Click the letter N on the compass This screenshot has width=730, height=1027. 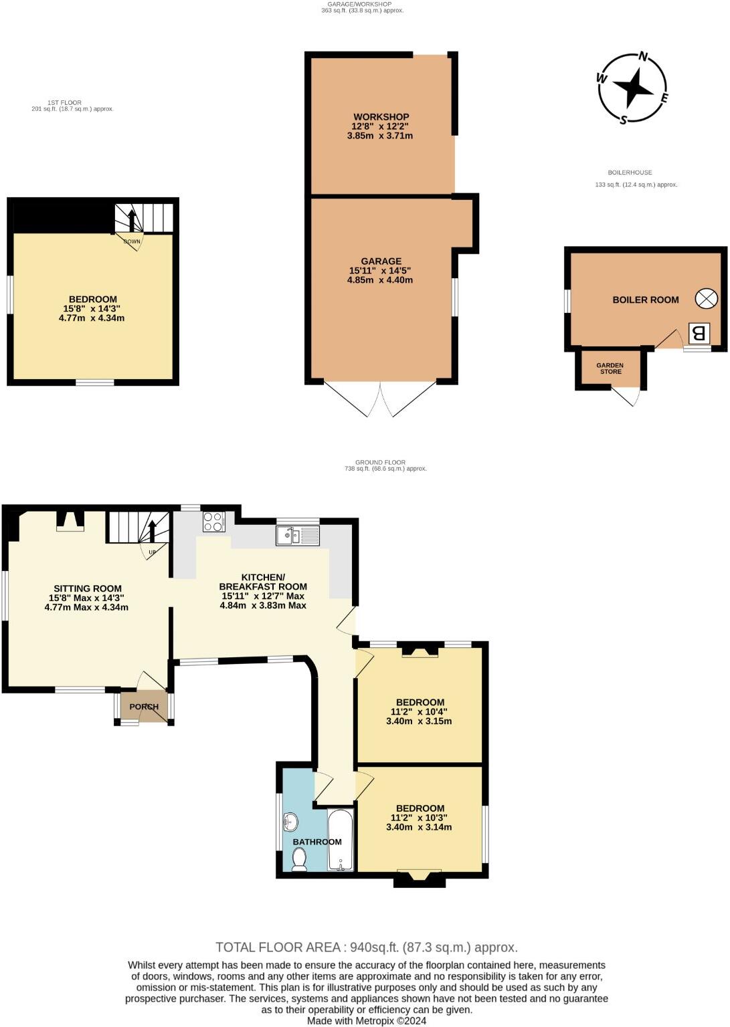coord(643,57)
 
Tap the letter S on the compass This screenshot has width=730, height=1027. coord(624,120)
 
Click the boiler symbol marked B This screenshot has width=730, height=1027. coord(699,332)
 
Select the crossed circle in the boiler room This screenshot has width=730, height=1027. coord(706,299)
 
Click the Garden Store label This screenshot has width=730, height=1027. coord(610,368)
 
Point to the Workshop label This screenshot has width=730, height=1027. coord(381,117)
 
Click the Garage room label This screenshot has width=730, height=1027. coord(381,261)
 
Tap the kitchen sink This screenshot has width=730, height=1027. coord(298,535)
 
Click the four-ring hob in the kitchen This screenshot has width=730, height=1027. coord(213,522)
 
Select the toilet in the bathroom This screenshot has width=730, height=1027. coord(299,859)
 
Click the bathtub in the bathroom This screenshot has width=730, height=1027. coord(341,840)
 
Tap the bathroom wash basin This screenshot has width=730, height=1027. coord(290,820)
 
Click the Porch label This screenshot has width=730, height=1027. coord(144,707)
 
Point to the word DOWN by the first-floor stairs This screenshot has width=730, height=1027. coord(132,241)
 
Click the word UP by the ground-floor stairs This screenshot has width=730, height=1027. coord(153,552)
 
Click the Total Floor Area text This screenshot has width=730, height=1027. coord(366,947)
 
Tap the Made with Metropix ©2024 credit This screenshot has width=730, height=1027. coord(366,1021)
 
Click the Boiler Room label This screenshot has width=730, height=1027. coord(646,300)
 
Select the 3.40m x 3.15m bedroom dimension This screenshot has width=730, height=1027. coord(419,721)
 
